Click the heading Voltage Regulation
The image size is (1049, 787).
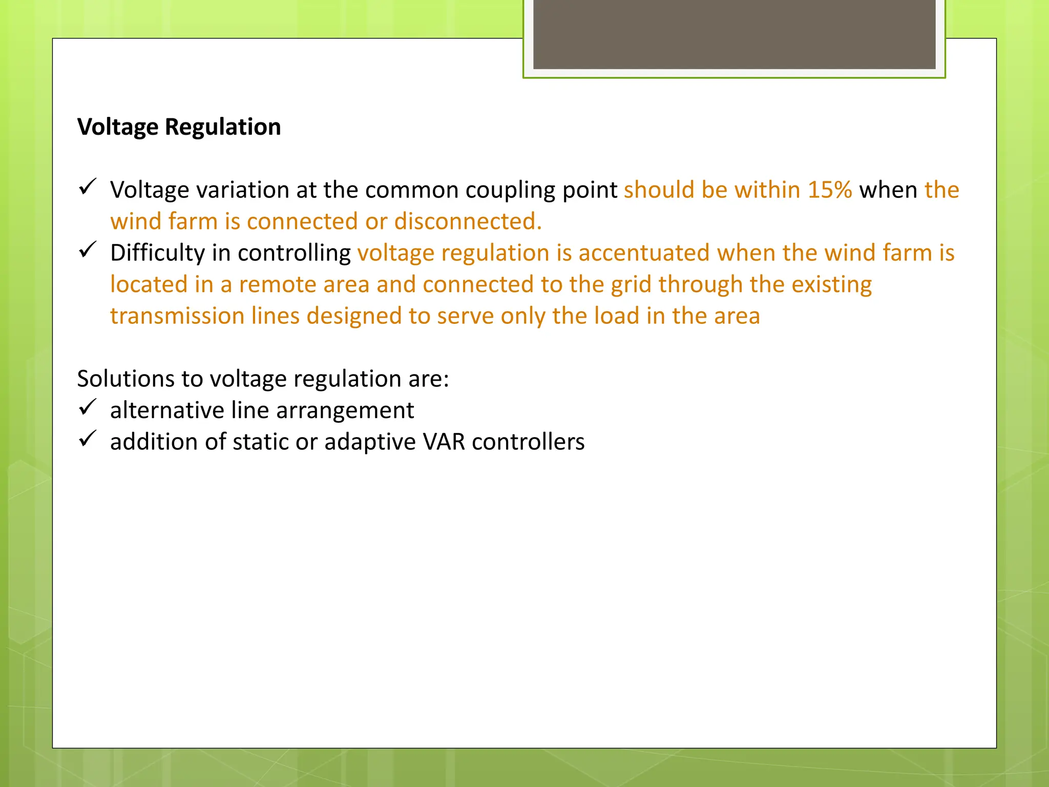[179, 127]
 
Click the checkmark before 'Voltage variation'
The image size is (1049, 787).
[88, 187]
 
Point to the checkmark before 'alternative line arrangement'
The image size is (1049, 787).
[88, 407]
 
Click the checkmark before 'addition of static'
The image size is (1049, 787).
[88, 439]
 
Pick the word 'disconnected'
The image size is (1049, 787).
[468, 222]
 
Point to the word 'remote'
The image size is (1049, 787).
[278, 285]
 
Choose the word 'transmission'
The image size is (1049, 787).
[177, 316]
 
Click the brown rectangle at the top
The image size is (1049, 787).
[734, 34]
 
